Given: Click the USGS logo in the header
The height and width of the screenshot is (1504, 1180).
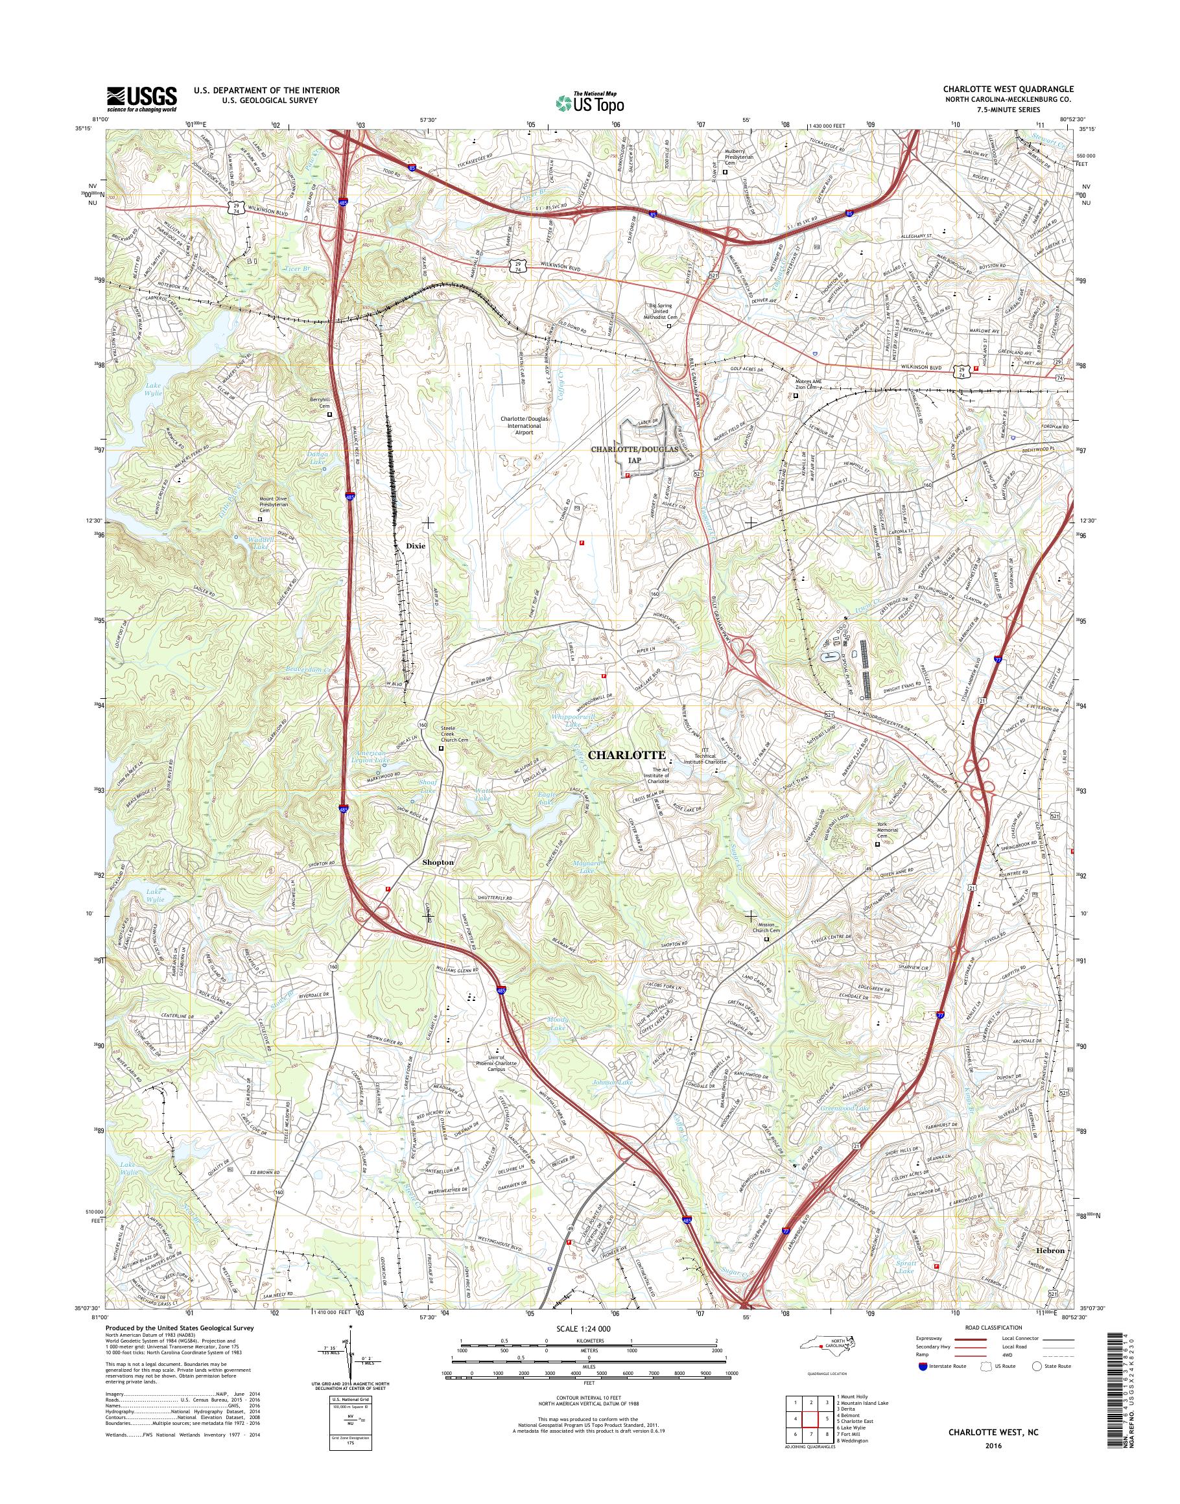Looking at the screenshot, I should pos(141,99).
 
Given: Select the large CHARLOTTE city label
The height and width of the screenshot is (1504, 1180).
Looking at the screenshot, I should pos(626,755).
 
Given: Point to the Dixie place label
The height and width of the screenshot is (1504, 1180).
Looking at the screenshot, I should pos(416,546).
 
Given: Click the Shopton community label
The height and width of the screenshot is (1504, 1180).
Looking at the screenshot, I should pos(438,863).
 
